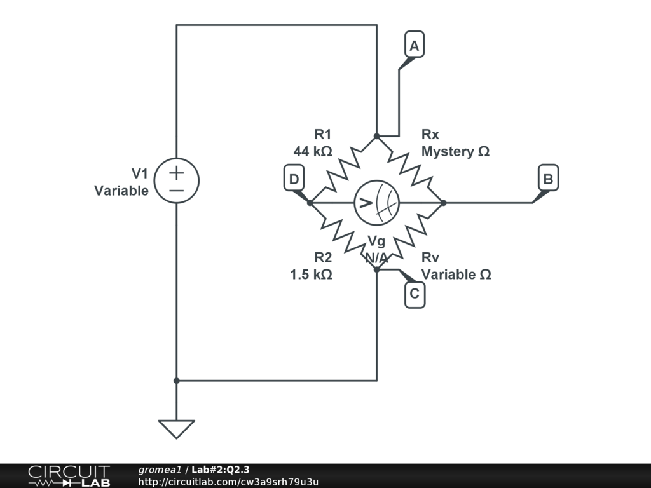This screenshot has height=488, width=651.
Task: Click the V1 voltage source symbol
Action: (176, 180)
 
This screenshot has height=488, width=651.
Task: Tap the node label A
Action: (414, 46)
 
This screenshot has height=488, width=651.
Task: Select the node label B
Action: (547, 179)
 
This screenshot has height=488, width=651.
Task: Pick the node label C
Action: (415, 294)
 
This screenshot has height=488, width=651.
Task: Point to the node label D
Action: (294, 179)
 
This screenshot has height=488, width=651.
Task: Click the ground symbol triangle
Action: (176, 428)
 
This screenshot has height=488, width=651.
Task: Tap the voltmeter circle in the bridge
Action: (376, 203)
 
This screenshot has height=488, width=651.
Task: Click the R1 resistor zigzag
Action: (343, 169)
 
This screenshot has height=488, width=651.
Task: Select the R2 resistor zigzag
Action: (343, 236)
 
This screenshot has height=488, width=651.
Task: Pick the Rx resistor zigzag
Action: (410, 169)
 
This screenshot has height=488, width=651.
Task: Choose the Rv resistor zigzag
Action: (410, 236)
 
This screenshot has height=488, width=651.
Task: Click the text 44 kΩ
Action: (312, 152)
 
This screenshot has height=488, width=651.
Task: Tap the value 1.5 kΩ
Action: (311, 274)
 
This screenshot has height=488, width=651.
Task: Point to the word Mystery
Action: (448, 152)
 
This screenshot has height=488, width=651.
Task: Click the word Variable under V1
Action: (121, 191)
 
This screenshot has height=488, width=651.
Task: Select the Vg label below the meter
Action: (376, 241)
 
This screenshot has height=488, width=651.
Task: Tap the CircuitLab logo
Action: (69, 476)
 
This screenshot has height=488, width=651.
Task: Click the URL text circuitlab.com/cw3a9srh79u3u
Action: (228, 482)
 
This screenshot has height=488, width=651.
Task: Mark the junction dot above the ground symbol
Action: (176, 381)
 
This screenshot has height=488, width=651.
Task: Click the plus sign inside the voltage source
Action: (176, 172)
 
